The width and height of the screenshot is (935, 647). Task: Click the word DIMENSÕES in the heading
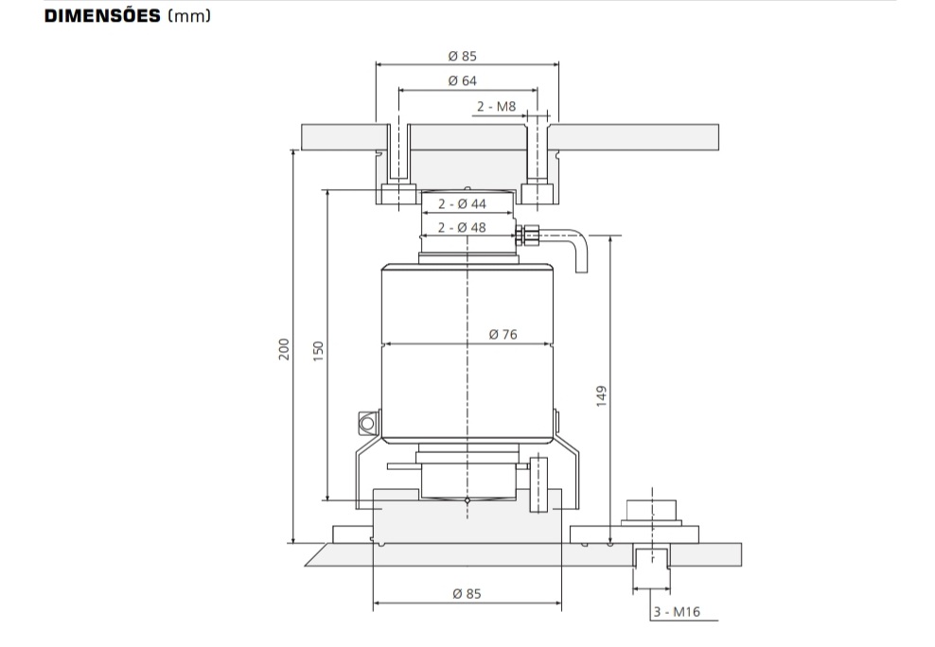pos(102,15)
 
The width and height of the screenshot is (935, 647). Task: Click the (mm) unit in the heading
pos(189,16)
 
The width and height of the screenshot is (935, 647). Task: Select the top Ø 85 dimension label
pos(462,56)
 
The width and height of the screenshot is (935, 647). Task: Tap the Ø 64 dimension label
pos(462,80)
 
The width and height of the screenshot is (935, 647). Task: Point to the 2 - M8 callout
pos(496,107)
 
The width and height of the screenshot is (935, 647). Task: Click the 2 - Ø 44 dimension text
pos(462,203)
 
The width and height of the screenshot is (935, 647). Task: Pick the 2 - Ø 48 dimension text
pos(462,228)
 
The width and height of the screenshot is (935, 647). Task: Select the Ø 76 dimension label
pos(503,334)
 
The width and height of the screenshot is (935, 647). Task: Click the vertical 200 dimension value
pos(284,349)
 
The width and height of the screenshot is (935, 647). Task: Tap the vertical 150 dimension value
pos(318,351)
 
